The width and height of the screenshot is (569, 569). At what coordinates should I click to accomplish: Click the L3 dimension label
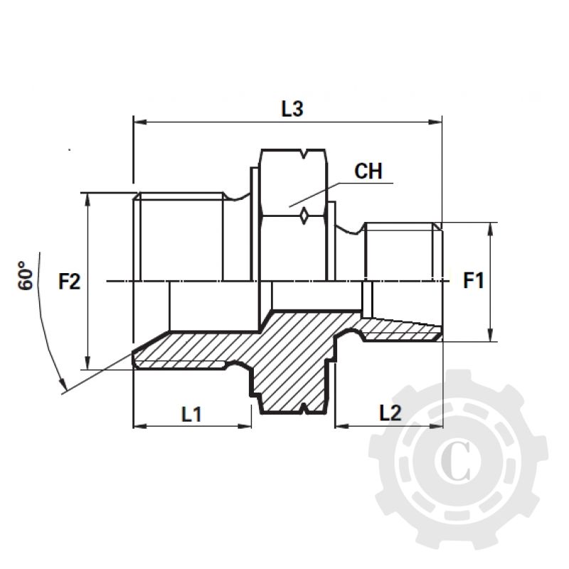[292, 109]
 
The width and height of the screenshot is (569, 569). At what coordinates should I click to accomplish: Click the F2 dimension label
[69, 282]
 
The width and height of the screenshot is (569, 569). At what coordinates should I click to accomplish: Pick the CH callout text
[369, 171]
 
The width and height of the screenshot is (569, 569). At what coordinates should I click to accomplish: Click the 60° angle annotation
[26, 275]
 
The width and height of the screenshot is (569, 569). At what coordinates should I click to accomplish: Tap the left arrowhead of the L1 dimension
[139, 427]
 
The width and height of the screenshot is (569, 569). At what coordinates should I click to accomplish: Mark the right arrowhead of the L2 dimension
[438, 427]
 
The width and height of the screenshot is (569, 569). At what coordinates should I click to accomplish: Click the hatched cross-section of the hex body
[292, 356]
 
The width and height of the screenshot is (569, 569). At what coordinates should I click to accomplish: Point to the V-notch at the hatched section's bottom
[304, 408]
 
